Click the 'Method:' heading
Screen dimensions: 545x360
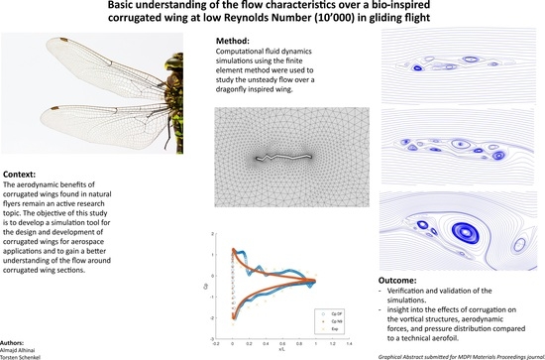point(235,48)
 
